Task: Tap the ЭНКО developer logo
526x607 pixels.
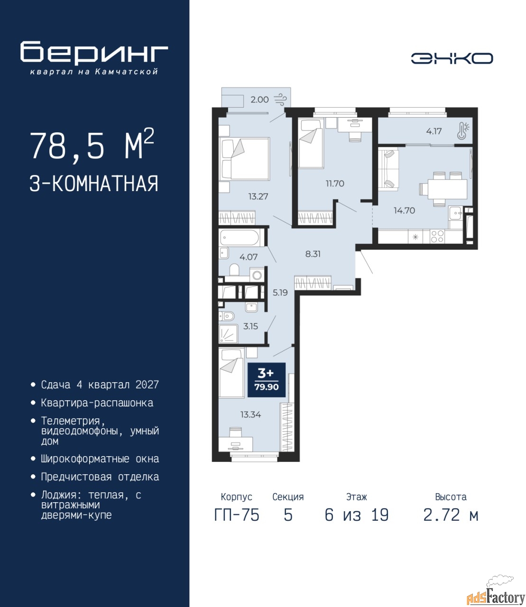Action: pyautogui.click(x=452, y=58)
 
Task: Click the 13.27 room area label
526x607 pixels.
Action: pyautogui.click(x=258, y=196)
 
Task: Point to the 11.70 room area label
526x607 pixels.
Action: pyautogui.click(x=335, y=184)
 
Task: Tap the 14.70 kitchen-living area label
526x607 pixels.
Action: pyautogui.click(x=405, y=210)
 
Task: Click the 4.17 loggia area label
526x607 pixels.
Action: pyautogui.click(x=434, y=131)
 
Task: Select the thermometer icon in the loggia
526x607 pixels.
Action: pyautogui.click(x=463, y=131)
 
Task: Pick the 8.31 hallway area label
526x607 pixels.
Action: pyautogui.click(x=313, y=254)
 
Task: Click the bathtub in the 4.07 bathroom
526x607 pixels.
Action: pyautogui.click(x=240, y=238)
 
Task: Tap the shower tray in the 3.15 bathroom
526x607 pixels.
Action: pyautogui.click(x=229, y=333)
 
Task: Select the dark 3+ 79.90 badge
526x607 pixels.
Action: pyautogui.click(x=267, y=380)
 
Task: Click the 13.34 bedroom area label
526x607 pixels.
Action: pyautogui.click(x=250, y=414)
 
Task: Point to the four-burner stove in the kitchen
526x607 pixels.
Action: pyautogui.click(x=437, y=237)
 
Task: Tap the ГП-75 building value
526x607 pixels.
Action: pyautogui.click(x=236, y=515)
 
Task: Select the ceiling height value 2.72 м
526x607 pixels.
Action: pyautogui.click(x=451, y=515)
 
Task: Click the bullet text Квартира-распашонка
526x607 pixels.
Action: pyautogui.click(x=97, y=403)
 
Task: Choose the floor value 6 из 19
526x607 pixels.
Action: pyautogui.click(x=357, y=515)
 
